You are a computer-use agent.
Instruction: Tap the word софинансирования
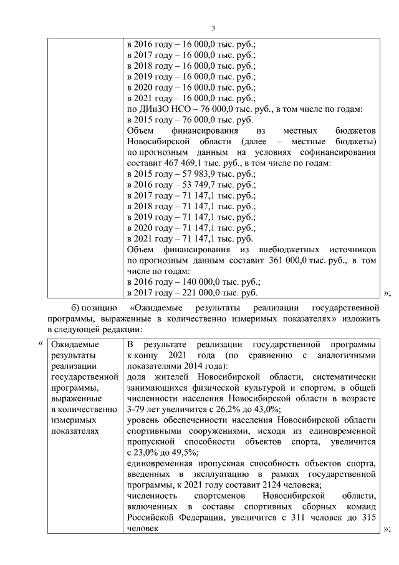(x=337, y=152)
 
